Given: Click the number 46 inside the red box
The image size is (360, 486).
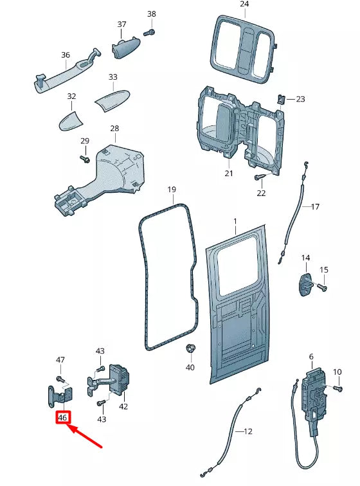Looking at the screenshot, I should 62,417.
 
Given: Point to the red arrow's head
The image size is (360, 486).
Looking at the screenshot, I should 69,426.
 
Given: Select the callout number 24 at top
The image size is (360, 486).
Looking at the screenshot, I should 244,4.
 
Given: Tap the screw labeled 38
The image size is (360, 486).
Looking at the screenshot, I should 149,30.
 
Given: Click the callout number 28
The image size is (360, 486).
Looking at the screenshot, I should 114,129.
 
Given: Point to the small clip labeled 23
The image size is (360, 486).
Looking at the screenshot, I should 281,99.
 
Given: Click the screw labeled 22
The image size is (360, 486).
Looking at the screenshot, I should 260,177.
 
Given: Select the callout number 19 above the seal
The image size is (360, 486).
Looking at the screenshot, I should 172,190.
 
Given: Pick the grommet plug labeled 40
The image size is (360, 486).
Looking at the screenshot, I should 190,349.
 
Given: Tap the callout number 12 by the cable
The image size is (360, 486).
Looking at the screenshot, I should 249,432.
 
